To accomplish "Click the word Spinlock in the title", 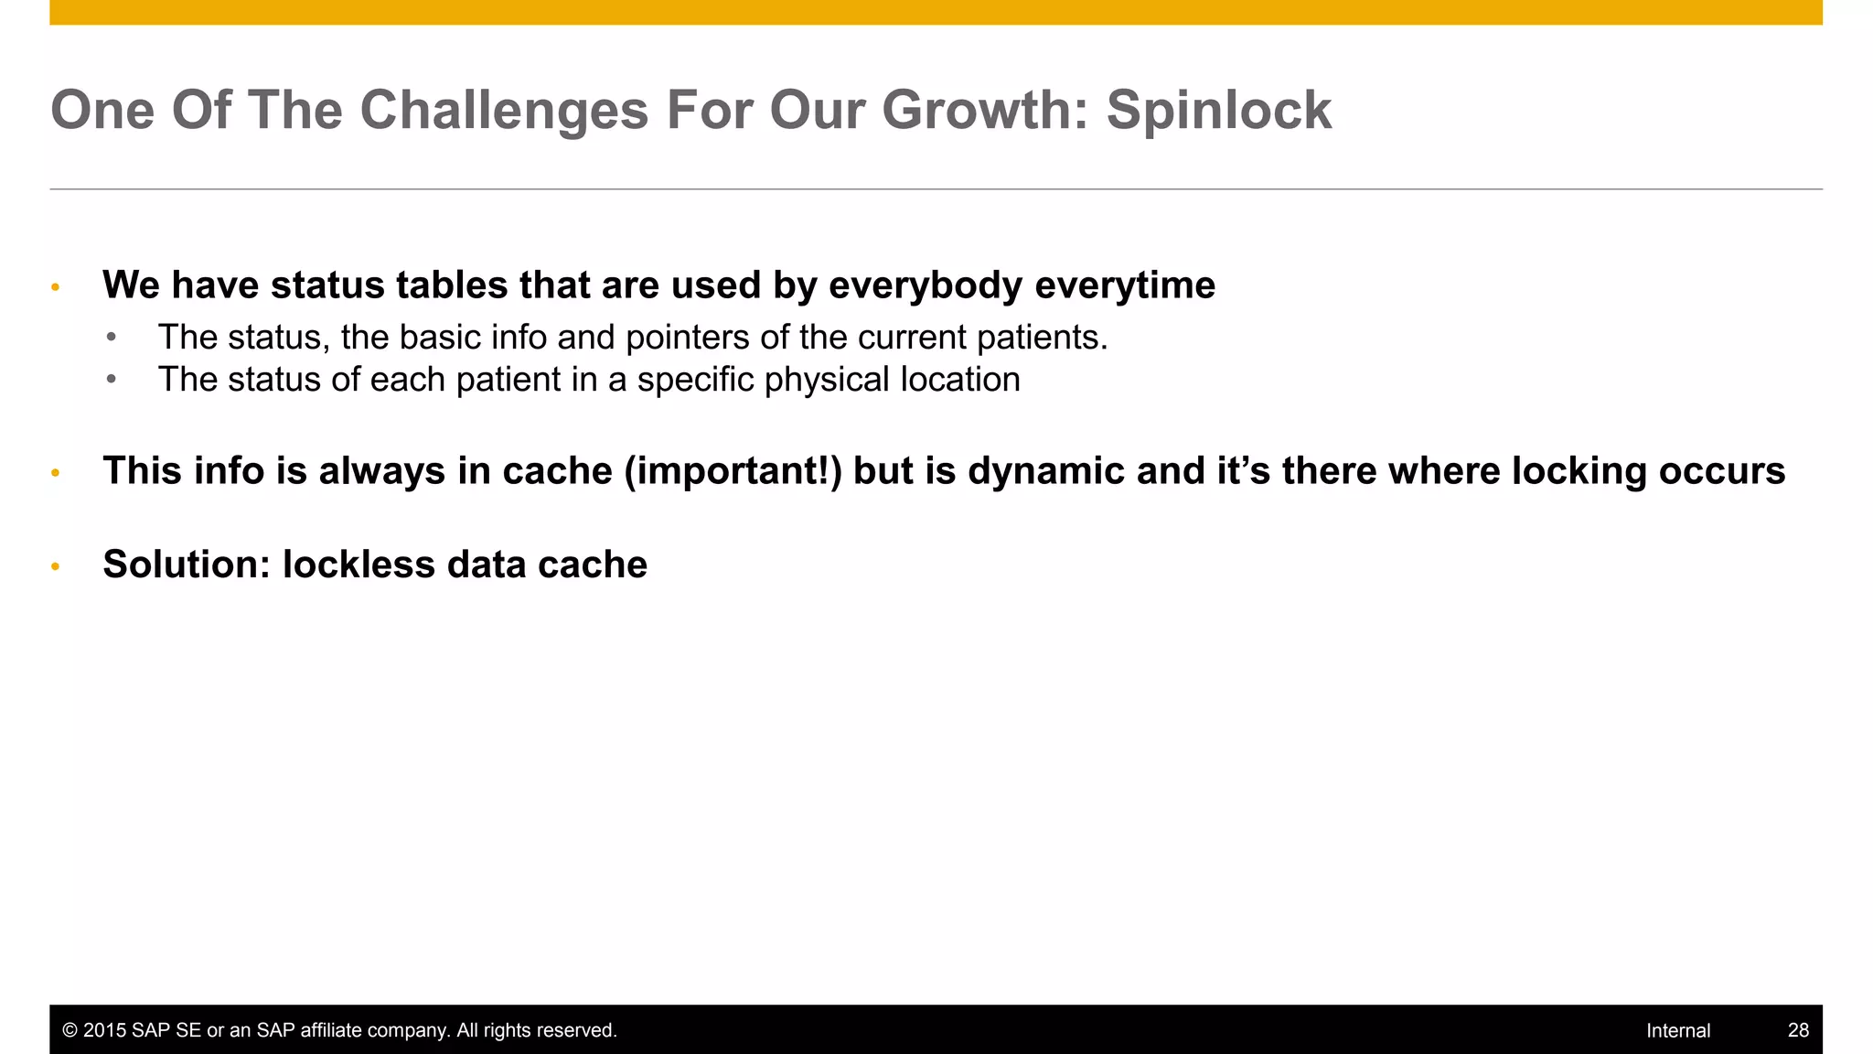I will (1218, 111).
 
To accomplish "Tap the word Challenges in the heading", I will (504, 111).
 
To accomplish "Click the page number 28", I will (1798, 1030).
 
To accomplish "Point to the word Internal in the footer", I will (1677, 1030).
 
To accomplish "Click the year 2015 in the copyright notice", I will (105, 1030).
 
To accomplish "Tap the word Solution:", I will (187, 565).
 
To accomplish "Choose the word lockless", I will (359, 565).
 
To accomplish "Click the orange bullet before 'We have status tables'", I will (55, 288).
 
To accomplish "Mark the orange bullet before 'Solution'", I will (55, 567).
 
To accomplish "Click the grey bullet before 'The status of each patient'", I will (111, 380).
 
